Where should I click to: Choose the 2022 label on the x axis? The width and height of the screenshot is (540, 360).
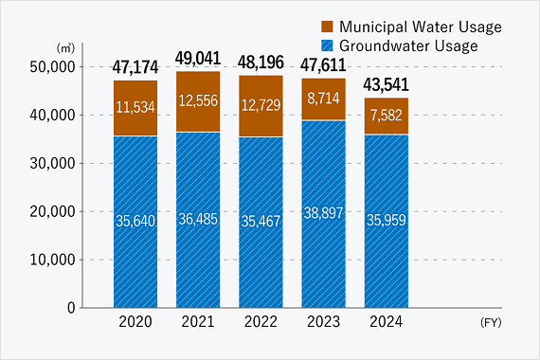click(261, 322)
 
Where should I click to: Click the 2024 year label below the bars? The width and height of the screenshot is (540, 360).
click(386, 322)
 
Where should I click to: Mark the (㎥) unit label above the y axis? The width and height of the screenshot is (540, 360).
click(65, 46)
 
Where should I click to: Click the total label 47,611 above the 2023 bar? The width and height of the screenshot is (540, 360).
click(323, 65)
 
